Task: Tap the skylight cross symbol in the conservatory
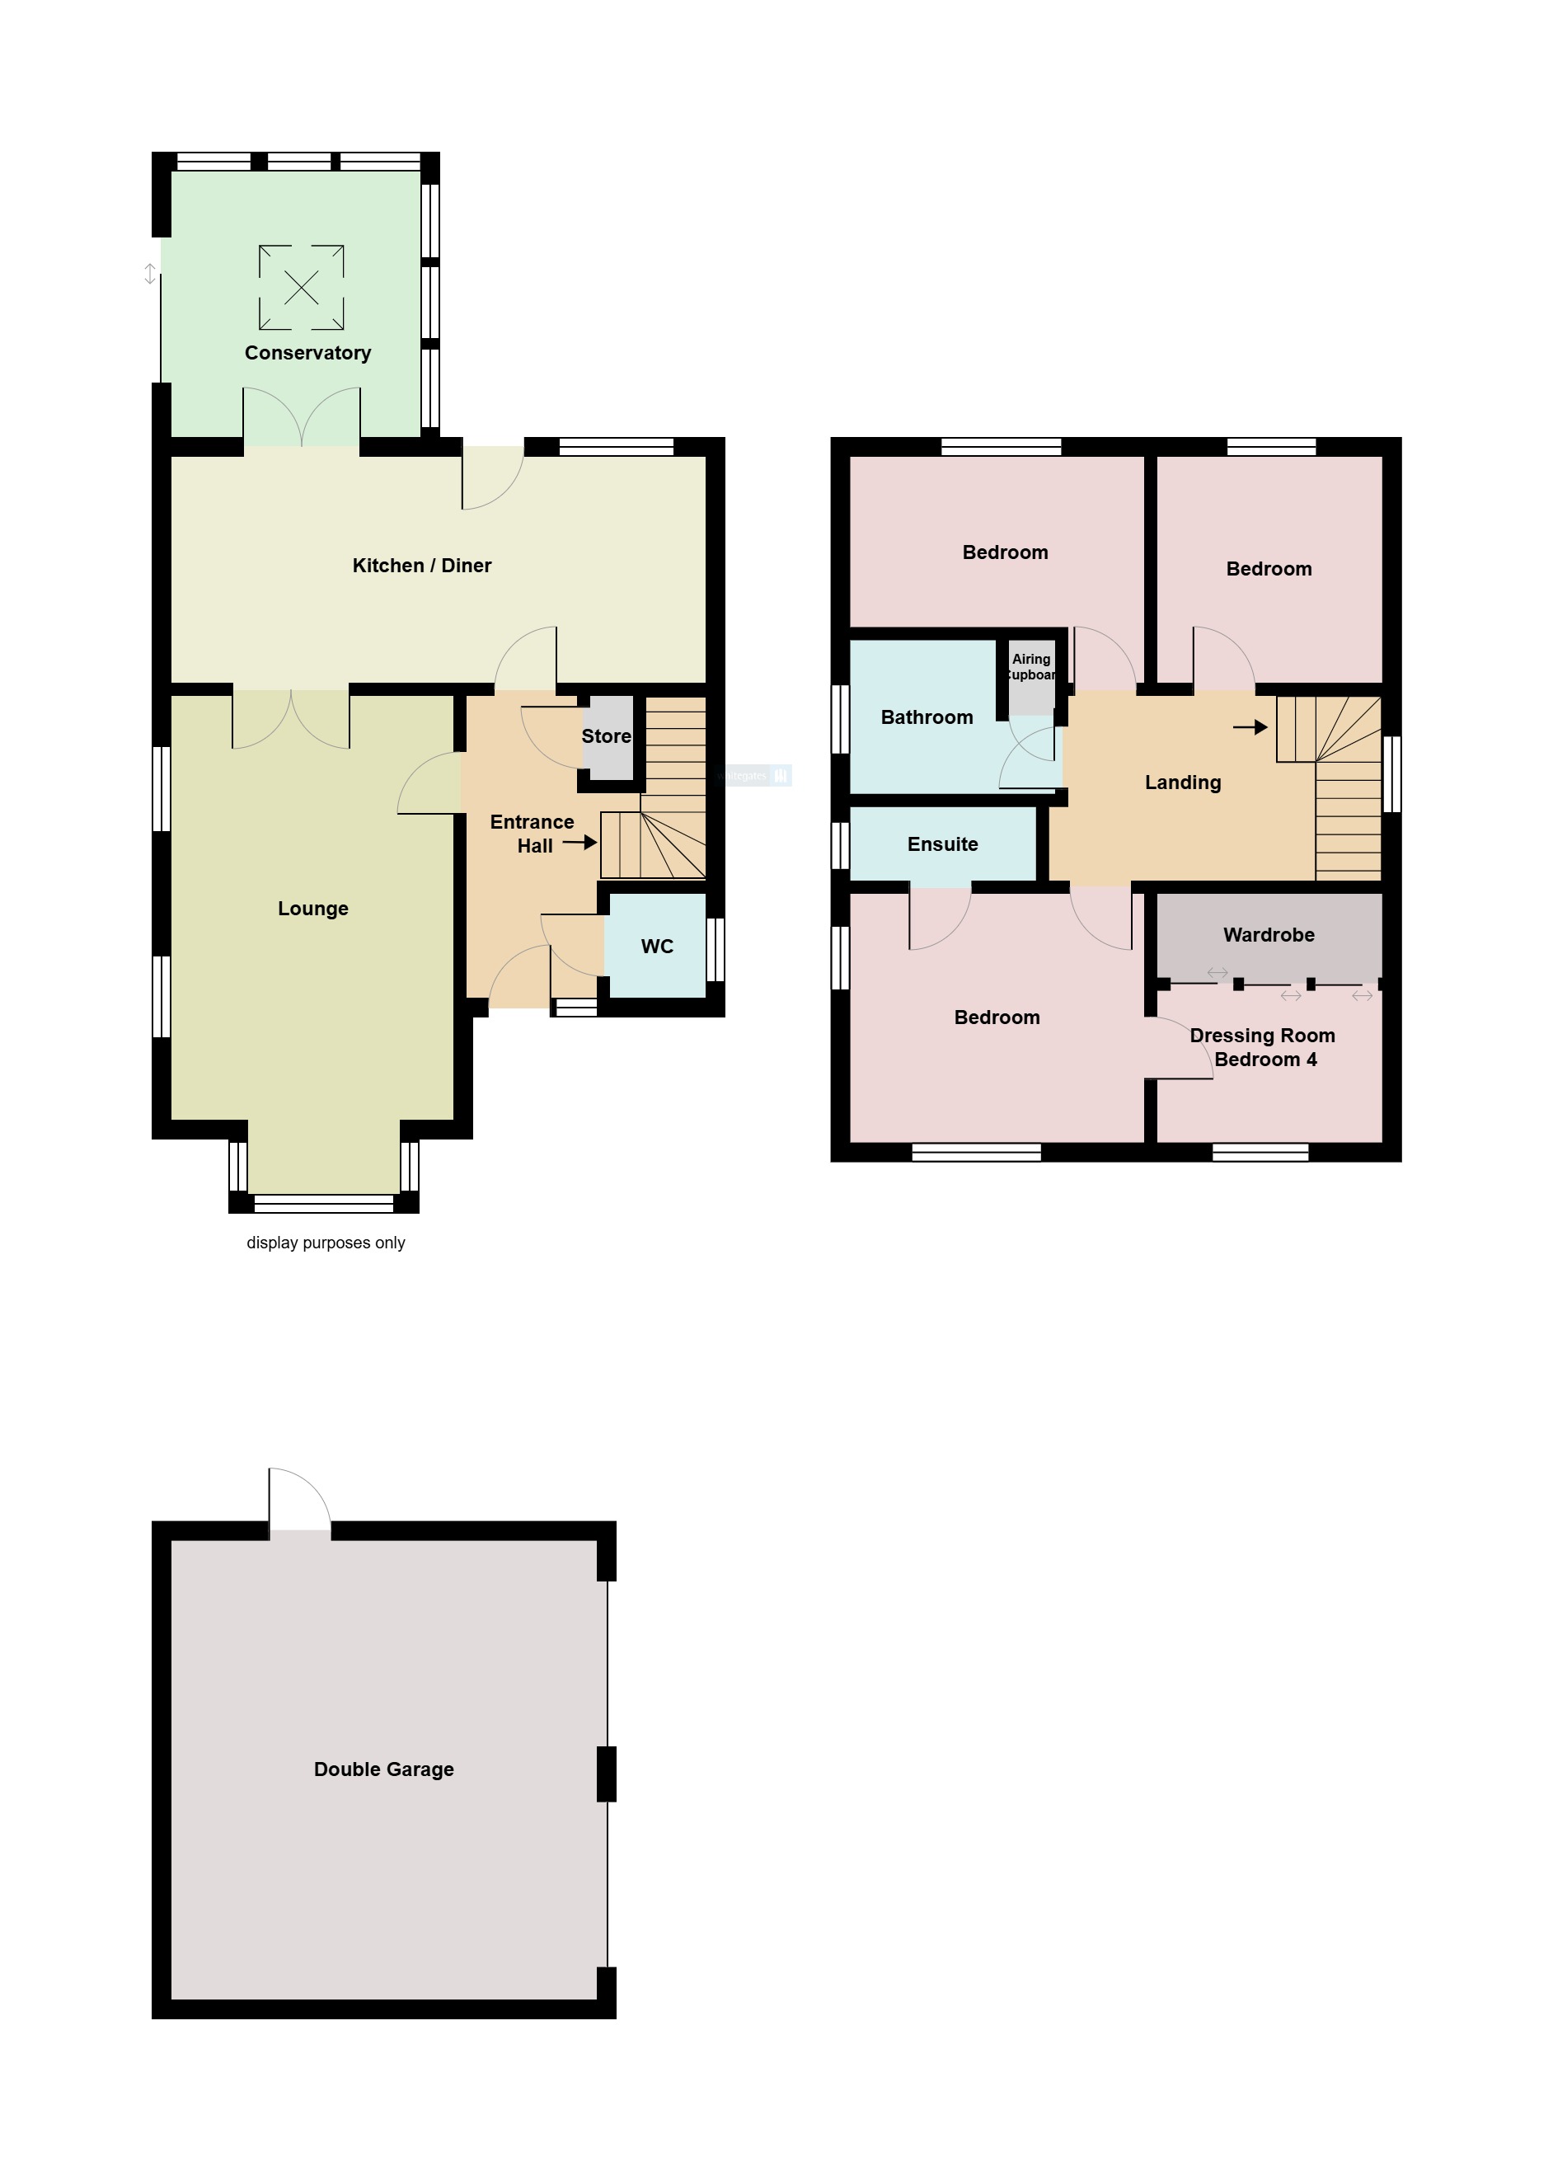click(301, 287)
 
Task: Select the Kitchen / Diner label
click(422, 566)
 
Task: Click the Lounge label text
click(312, 909)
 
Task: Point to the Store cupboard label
click(607, 736)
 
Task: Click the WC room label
click(657, 947)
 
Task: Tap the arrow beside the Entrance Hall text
click(579, 843)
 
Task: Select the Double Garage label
click(383, 1769)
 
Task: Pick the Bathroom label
click(927, 717)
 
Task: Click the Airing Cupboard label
click(1032, 666)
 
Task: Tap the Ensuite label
click(942, 844)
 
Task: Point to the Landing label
click(1183, 782)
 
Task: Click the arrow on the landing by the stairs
click(1250, 728)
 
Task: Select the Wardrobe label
click(1268, 935)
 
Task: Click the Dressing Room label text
click(1262, 1036)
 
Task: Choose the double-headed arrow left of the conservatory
click(150, 274)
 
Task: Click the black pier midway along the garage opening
click(607, 1774)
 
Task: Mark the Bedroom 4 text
click(1265, 1060)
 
